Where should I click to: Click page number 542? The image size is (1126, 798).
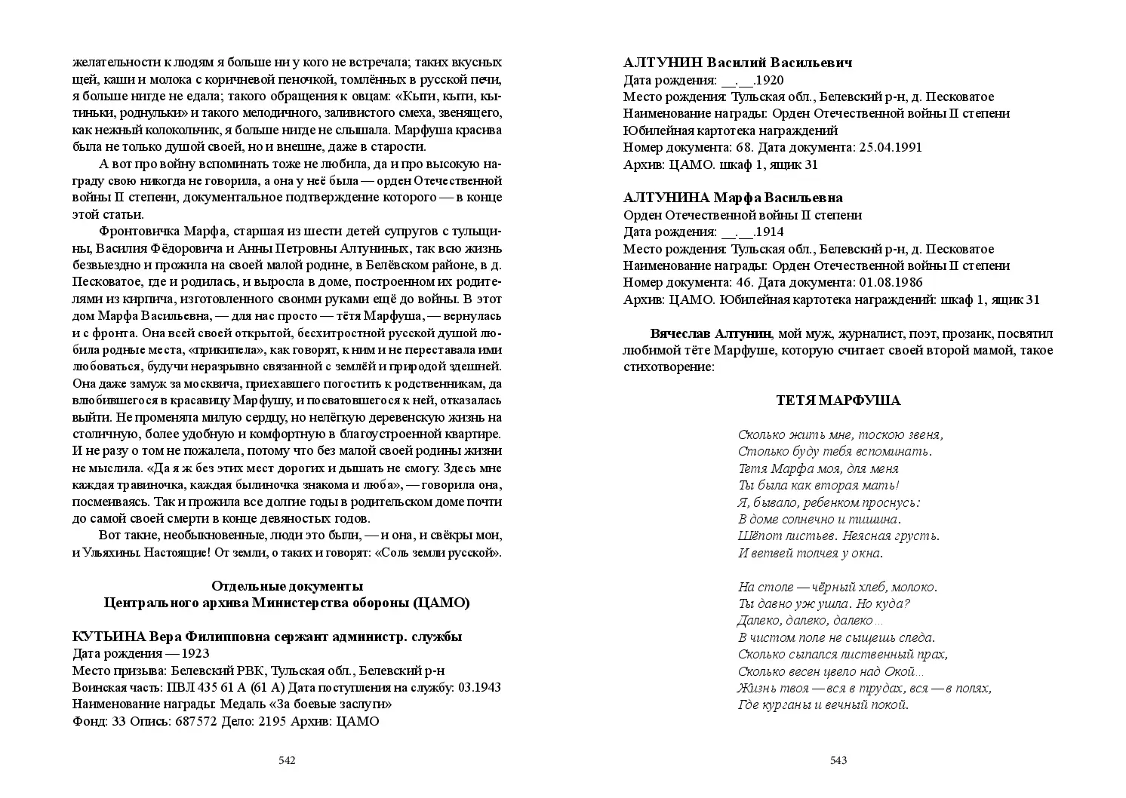(287, 760)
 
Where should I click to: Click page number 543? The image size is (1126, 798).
(838, 760)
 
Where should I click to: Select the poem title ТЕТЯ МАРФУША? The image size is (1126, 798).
(838, 401)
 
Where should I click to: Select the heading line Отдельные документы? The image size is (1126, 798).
(287, 586)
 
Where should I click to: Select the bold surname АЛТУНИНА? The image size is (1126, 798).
(666, 198)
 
